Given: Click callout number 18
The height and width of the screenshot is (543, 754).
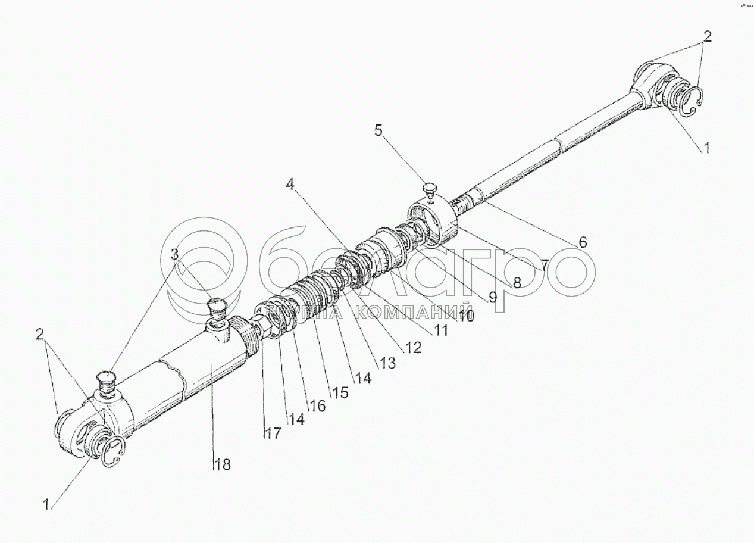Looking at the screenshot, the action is (222, 464).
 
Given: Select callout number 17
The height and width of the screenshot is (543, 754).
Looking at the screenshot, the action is (273, 433).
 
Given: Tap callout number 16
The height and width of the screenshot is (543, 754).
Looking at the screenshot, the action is (318, 405).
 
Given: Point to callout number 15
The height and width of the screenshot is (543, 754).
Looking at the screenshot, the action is (340, 393).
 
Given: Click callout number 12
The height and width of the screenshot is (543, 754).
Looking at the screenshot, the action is (412, 347).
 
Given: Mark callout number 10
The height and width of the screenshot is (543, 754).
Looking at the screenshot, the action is (466, 316).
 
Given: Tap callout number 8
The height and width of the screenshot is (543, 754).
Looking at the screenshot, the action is (517, 282).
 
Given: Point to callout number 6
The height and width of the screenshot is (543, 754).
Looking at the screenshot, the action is (583, 242).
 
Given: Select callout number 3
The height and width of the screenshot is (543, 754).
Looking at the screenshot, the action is (174, 255).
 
